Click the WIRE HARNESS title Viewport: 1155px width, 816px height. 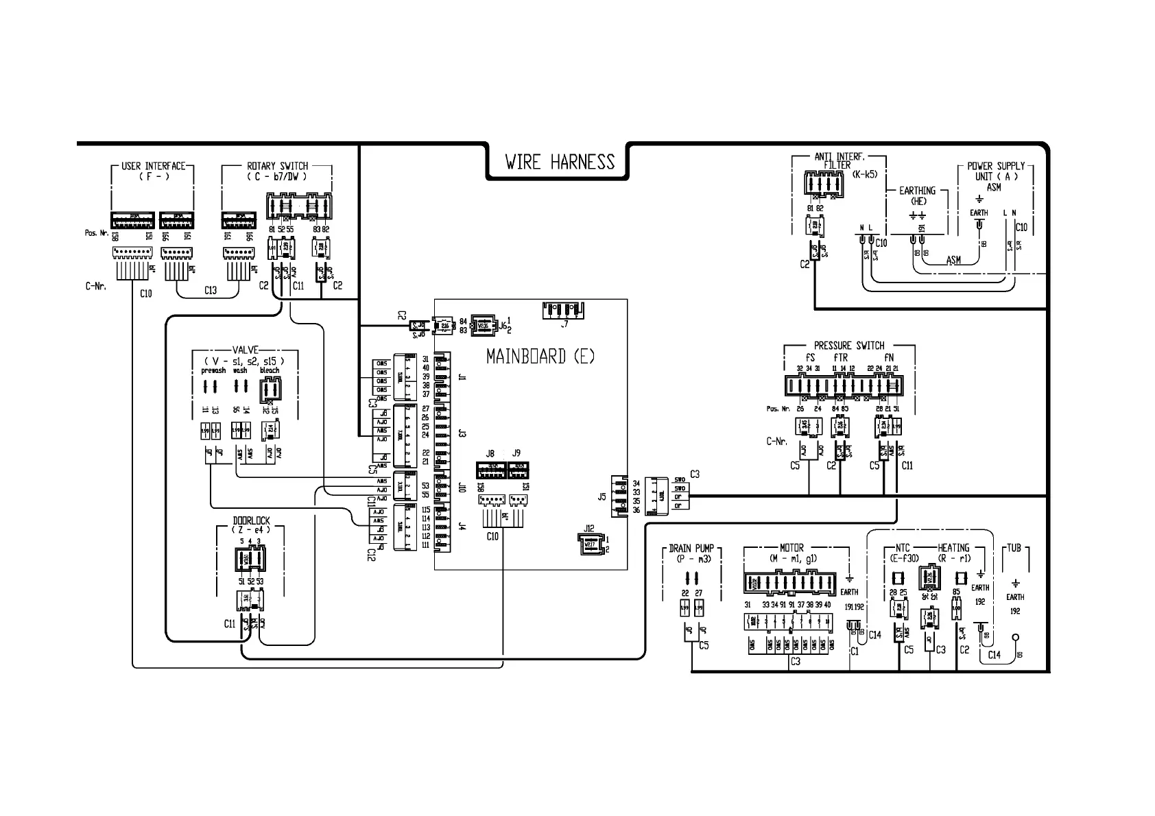(x=560, y=162)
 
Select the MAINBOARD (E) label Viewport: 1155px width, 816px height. (x=540, y=357)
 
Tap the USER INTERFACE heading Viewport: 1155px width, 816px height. (x=153, y=166)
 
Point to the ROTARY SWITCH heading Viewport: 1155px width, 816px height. (x=277, y=166)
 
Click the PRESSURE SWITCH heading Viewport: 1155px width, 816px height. (x=849, y=346)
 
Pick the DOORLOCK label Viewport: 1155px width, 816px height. (x=251, y=521)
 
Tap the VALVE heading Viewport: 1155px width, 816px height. (x=245, y=350)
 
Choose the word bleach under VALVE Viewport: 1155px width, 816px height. (x=270, y=370)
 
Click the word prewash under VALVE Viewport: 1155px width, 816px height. (x=213, y=370)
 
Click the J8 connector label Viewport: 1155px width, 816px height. (x=490, y=453)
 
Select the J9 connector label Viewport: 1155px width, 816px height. (x=516, y=453)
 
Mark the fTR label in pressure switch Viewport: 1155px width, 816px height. (x=840, y=358)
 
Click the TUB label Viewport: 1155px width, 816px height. (x=1015, y=548)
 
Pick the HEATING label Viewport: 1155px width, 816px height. (x=953, y=548)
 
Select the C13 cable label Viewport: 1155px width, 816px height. (x=210, y=290)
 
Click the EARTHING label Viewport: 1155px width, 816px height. (x=918, y=191)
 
